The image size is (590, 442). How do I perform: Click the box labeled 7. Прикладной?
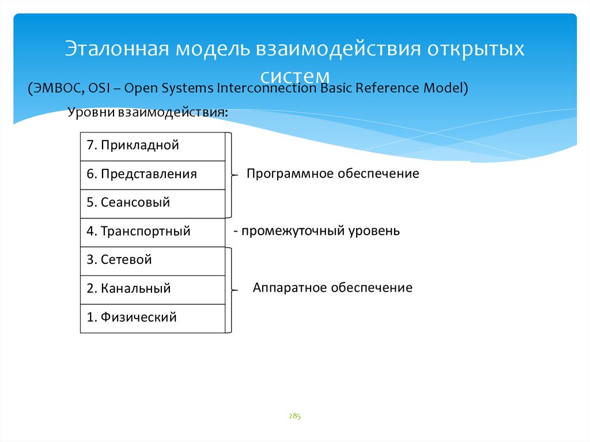click(x=152, y=146)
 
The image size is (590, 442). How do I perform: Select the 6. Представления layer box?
click(x=152, y=175)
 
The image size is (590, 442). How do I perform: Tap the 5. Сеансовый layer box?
click(x=152, y=203)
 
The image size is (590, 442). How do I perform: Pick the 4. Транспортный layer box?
click(x=152, y=232)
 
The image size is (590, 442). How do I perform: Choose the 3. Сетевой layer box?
click(x=152, y=260)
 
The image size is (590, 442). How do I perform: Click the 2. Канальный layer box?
click(x=152, y=289)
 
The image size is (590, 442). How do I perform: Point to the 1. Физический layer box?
click(x=152, y=318)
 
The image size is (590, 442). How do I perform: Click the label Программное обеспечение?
click(x=332, y=173)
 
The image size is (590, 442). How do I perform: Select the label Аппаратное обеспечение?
click(x=332, y=288)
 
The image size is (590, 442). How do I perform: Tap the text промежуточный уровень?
click(x=319, y=231)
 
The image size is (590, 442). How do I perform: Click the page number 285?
click(x=295, y=415)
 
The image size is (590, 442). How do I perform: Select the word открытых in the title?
click(x=475, y=49)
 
